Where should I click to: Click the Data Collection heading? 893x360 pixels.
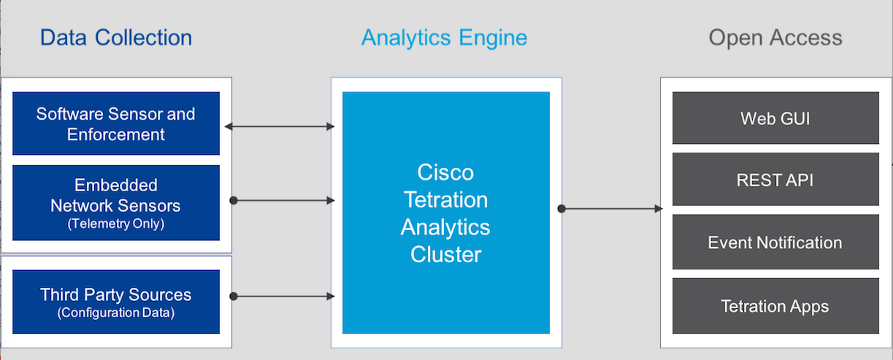[x=116, y=38]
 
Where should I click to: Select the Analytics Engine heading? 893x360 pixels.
[x=444, y=38]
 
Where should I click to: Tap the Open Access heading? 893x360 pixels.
[x=775, y=38]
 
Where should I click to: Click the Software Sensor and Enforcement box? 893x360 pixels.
[x=116, y=123]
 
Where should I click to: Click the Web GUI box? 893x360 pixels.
[x=775, y=118]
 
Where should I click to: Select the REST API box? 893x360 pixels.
[x=775, y=180]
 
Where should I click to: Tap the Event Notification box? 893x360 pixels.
[x=775, y=242]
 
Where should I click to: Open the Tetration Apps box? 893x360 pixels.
[x=775, y=306]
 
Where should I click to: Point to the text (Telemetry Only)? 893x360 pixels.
[x=116, y=224]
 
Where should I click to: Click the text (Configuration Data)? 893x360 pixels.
[x=116, y=313]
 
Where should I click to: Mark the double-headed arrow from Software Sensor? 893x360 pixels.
[x=280, y=127]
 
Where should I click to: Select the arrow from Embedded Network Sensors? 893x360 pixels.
[x=283, y=199]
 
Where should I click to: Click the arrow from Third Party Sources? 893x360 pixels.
[x=283, y=296]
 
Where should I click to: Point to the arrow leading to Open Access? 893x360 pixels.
[x=612, y=209]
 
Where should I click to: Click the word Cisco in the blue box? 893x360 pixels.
[x=445, y=172]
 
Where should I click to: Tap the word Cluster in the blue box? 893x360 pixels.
[x=445, y=254]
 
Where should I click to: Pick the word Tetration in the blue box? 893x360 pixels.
[x=445, y=199]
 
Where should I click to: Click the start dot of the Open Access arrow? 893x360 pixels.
[x=562, y=209]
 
